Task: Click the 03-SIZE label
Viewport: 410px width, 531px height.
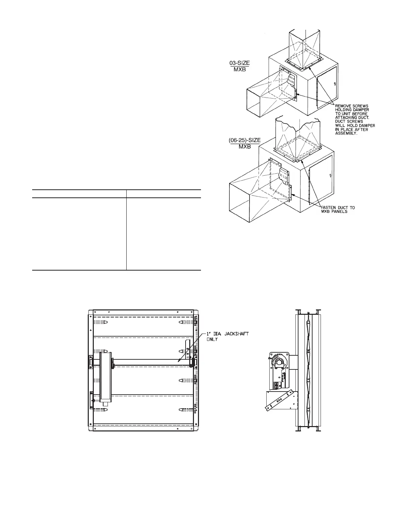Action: (239, 63)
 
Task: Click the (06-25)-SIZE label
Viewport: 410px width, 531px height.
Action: (245, 140)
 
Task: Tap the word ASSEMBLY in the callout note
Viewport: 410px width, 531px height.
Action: (346, 133)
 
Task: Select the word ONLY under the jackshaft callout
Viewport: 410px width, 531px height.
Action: (212, 340)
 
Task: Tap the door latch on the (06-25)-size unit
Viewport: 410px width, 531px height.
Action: (330, 175)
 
